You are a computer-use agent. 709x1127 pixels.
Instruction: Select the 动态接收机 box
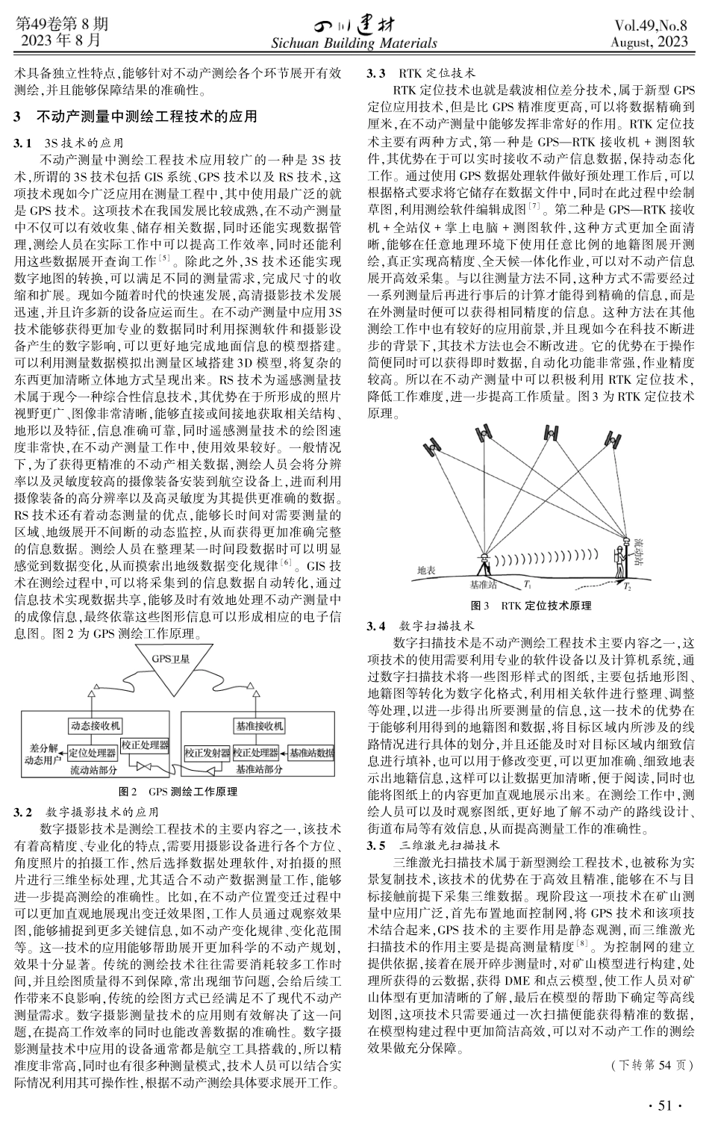point(96,724)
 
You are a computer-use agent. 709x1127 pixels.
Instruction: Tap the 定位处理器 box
point(93,752)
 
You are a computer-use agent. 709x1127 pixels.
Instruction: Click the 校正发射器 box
point(207,753)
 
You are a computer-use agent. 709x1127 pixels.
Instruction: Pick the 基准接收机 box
point(259,725)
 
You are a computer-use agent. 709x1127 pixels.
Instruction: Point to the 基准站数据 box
point(311,753)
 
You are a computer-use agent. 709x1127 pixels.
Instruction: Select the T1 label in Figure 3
point(528,584)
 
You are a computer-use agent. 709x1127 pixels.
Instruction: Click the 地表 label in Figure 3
point(426,569)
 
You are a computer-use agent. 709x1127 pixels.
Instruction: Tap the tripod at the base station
point(486,568)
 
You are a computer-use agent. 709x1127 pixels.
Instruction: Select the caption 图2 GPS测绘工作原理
point(178,791)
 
